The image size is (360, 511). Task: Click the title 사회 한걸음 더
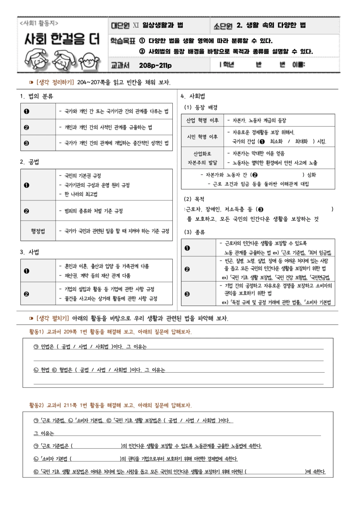pyautogui.click(x=62, y=39)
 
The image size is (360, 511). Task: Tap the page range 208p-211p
pyautogui.click(x=155, y=65)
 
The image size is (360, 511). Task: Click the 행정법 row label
pyautogui.click(x=38, y=231)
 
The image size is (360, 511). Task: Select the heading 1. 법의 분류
pyautogui.click(x=37, y=96)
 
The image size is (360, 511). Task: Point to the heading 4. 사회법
pyautogui.click(x=193, y=96)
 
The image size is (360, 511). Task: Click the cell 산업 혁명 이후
pyautogui.click(x=202, y=120)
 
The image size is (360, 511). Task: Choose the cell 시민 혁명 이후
pyautogui.click(x=202, y=137)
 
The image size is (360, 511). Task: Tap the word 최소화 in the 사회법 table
pyautogui.click(x=276, y=141)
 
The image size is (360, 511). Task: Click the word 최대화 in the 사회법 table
pyautogui.click(x=301, y=141)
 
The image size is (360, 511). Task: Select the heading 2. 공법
pyautogui.click(x=30, y=162)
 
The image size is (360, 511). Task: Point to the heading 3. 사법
pyautogui.click(x=30, y=252)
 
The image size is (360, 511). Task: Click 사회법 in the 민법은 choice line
pyautogui.click(x=102, y=347)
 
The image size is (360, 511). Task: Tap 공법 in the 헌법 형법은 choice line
pyautogui.click(x=84, y=370)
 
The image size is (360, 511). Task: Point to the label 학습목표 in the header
pyautogui.click(x=123, y=41)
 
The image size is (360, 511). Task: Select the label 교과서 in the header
pyautogui.click(x=120, y=65)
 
